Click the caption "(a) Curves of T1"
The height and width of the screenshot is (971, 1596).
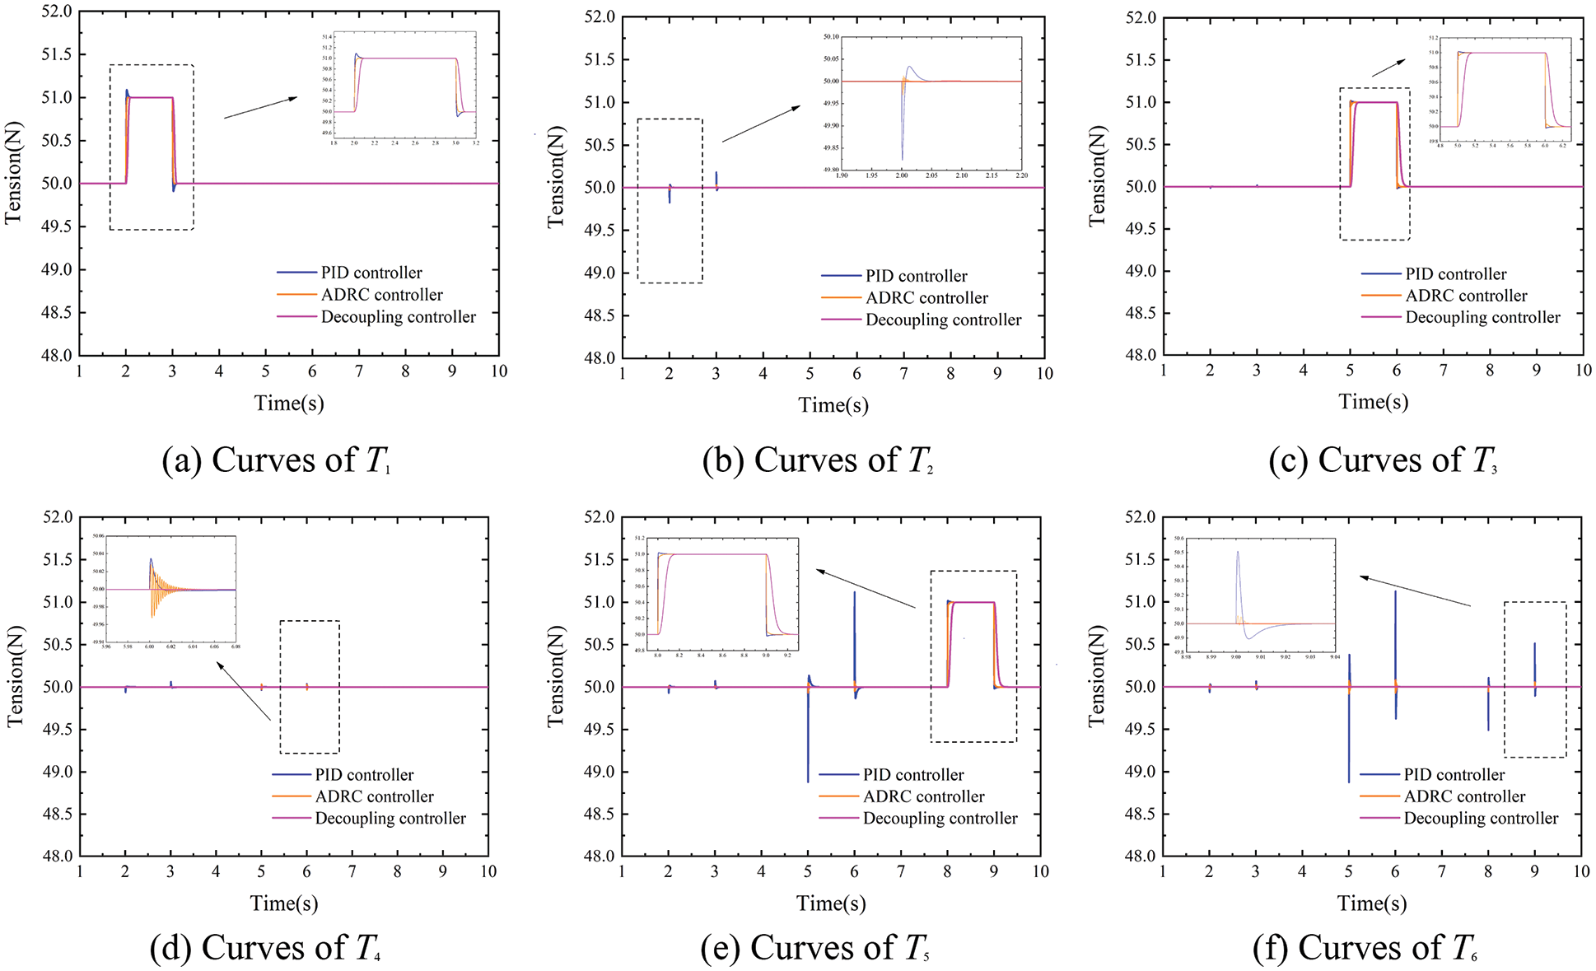coord(276,460)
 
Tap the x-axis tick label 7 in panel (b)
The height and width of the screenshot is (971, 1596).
coord(903,374)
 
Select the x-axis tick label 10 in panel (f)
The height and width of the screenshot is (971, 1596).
coord(1580,871)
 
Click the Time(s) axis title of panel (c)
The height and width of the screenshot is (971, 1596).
coord(1373,402)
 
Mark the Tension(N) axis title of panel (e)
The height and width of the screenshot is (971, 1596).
coord(557,675)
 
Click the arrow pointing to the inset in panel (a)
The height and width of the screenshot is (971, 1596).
coord(260,108)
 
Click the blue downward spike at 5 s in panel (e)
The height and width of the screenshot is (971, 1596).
coord(808,741)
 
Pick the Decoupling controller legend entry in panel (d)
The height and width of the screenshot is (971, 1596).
coord(390,818)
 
